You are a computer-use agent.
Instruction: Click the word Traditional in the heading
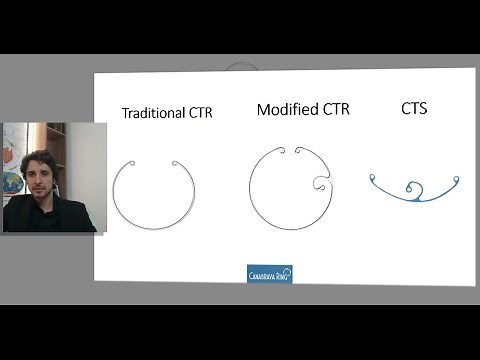(152, 114)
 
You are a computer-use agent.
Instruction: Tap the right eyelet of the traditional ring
(174, 165)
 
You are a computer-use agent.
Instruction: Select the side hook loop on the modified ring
(321, 183)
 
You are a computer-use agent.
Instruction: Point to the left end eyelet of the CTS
(373, 179)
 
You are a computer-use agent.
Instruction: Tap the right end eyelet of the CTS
(456, 181)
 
